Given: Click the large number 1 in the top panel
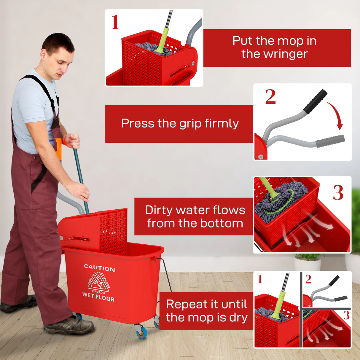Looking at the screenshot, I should [115, 22].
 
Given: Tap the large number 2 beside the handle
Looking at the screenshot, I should [270, 97].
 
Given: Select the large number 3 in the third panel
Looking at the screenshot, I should [338, 193].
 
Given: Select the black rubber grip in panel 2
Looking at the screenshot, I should [315, 101].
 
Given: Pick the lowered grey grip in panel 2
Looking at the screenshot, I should [330, 141].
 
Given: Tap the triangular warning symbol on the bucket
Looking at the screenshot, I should [98, 282].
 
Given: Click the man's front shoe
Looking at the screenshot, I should [69, 326].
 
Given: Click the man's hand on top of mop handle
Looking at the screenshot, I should [72, 140].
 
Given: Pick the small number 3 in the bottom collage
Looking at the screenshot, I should [346, 316].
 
